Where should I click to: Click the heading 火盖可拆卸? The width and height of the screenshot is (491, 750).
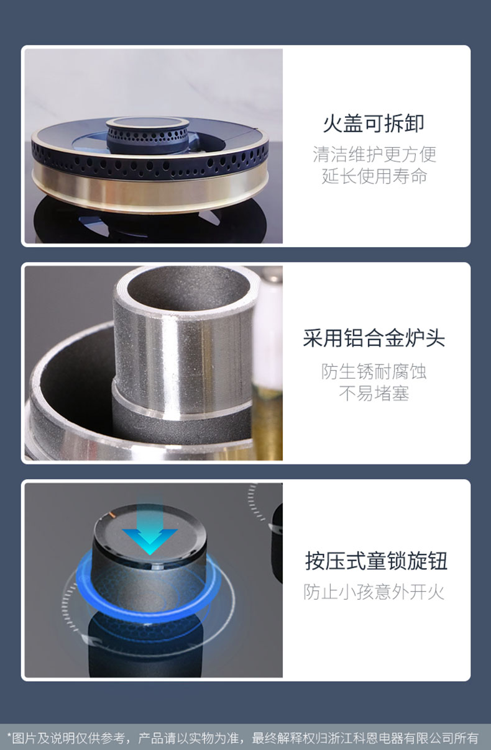374,124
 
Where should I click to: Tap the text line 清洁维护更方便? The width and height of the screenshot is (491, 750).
374,155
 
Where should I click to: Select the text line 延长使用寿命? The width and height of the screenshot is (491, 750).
374,176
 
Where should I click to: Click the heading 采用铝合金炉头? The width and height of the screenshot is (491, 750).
374,338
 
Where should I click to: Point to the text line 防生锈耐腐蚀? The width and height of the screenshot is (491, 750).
374,371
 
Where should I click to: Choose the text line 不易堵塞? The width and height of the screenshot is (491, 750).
374,393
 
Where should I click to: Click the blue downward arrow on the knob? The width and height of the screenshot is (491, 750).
150,527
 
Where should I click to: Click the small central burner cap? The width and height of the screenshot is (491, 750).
148,135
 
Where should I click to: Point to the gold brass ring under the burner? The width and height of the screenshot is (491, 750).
150,187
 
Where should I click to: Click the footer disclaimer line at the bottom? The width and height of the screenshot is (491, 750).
243,738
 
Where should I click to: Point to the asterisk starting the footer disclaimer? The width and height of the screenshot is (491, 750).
9,736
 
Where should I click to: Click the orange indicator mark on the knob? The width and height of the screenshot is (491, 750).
111,514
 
